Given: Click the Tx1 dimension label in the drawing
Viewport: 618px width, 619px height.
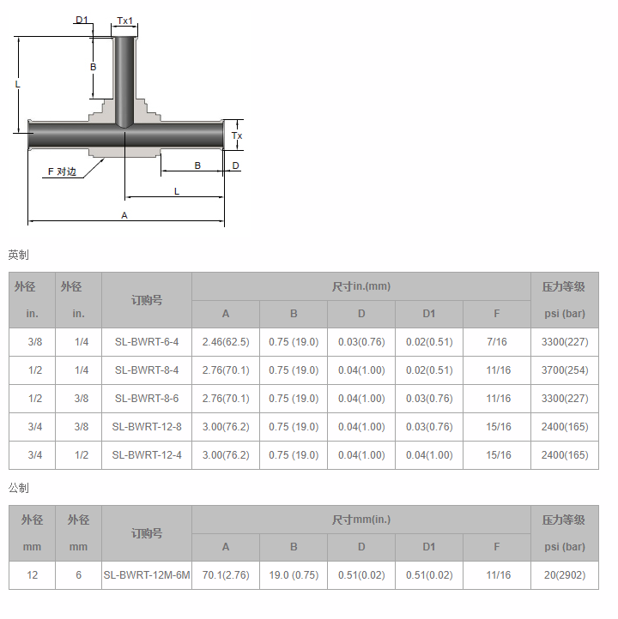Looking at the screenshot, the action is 124,21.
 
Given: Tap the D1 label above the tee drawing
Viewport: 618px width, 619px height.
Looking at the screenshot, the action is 82,20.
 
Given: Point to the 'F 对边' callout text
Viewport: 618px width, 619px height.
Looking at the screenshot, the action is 62,171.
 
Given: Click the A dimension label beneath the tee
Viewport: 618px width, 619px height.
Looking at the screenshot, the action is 124,215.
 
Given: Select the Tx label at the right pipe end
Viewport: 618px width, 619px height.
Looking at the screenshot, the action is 237,135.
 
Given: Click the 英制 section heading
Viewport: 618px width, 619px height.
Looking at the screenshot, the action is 18,255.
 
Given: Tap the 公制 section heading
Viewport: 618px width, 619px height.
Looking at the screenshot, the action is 18,488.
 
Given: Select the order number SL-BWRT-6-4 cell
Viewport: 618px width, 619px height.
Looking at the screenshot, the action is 147,342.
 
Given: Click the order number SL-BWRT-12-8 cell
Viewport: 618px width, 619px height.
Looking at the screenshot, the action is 147,427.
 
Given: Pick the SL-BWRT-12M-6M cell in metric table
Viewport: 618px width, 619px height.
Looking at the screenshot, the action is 147,575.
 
